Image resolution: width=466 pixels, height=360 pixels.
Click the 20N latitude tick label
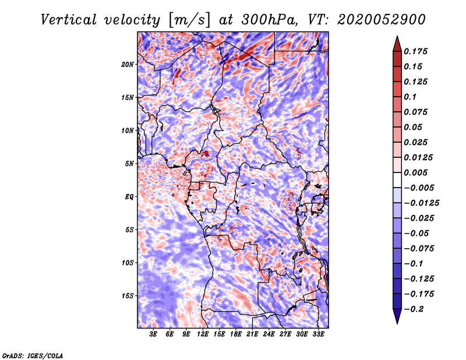point(128,64)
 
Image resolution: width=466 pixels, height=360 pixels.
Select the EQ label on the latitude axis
point(129,197)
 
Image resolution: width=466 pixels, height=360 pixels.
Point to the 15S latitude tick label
point(128,296)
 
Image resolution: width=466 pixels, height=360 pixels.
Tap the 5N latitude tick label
point(129,164)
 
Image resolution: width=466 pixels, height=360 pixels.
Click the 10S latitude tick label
point(128,263)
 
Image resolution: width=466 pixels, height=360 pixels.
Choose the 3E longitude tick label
point(154,334)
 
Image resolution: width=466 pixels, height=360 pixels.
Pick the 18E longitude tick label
point(236,334)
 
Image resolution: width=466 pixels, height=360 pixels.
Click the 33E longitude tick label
point(319,334)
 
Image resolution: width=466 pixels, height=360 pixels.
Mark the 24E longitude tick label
point(269,334)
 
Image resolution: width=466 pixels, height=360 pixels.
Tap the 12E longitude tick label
point(203,334)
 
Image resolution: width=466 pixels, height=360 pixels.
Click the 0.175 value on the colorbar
point(416,51)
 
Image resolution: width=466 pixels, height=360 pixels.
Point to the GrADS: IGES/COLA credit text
point(33,355)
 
